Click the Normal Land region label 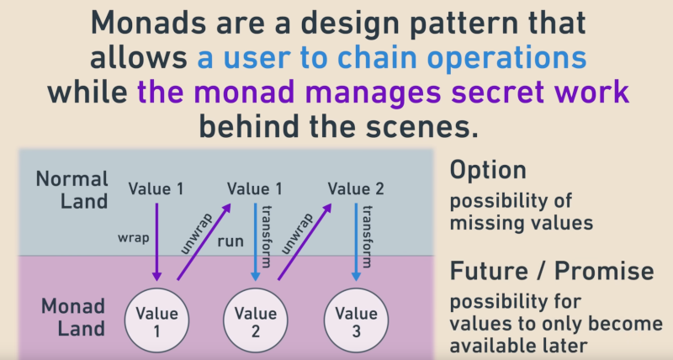point(72,189)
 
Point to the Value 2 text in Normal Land point(355,188)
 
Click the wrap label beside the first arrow point(133,238)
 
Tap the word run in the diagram point(232,241)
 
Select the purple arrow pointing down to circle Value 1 point(156,244)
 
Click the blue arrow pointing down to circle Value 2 point(255,244)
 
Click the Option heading point(488,171)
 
